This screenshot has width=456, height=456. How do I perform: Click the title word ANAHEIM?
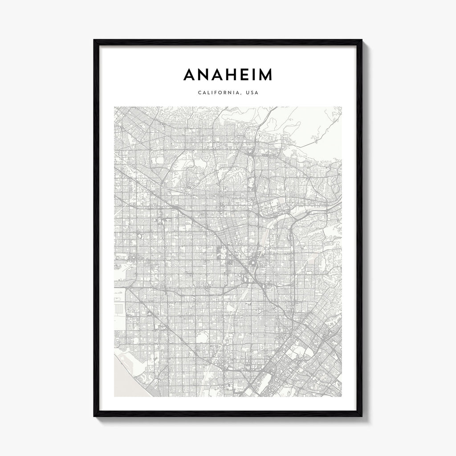pos(228,75)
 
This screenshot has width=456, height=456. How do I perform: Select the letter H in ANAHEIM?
pos(235,75)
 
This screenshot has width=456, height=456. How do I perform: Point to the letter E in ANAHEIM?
pos(249,75)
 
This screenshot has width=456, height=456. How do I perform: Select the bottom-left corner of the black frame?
pos(94,416)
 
